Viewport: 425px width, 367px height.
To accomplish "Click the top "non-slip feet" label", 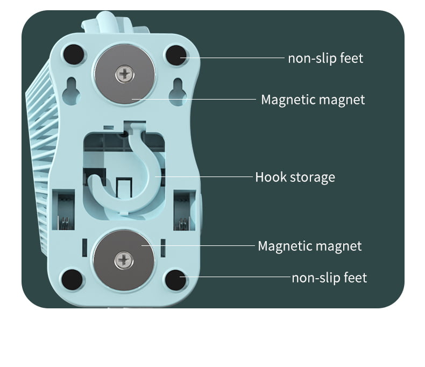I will click(325, 58).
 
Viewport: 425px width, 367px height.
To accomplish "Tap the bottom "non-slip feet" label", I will click(329, 278).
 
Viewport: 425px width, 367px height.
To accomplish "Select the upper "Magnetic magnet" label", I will click(313, 100).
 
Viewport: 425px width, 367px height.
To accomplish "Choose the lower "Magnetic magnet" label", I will click(309, 246).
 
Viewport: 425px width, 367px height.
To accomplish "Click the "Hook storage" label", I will click(295, 177).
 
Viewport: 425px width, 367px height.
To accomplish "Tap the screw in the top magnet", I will click(125, 73).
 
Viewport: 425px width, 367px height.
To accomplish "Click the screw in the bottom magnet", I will click(124, 262).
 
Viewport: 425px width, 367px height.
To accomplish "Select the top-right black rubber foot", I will click(175, 54).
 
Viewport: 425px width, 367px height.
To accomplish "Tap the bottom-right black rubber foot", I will click(174, 280).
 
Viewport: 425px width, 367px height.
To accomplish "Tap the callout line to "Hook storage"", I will click(204, 176).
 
